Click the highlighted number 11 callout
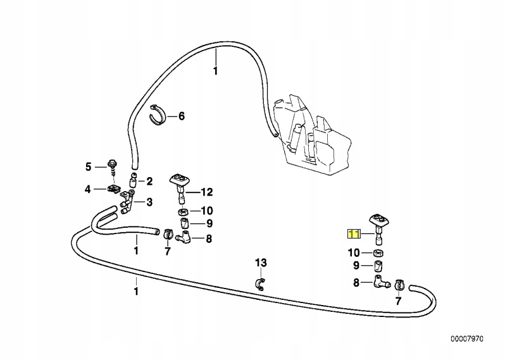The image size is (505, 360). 353,234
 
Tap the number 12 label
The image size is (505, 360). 208,192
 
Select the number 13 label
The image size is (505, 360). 261,262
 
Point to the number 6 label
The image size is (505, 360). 181,116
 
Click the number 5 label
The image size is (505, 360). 89,167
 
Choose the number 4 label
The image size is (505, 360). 89,189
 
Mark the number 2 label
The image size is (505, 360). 149,182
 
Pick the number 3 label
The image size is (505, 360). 149,202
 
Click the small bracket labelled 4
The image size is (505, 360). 115,188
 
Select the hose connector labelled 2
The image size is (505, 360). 134,181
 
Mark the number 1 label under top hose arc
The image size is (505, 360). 215,71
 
